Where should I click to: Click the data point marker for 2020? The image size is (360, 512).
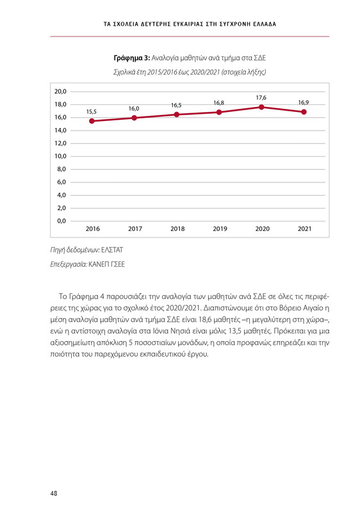[261, 108]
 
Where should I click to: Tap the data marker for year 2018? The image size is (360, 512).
[176, 115]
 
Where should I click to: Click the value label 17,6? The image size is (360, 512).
[261, 97]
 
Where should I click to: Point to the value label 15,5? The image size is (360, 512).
[92, 111]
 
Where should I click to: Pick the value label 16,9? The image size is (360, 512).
[304, 102]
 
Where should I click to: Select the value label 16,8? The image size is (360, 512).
[218, 102]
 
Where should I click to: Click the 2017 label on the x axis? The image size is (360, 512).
[135, 228]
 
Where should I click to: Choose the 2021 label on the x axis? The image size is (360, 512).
[304, 228]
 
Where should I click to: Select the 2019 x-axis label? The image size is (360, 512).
[219, 228]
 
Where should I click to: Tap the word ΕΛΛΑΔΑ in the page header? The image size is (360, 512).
[257, 24]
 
